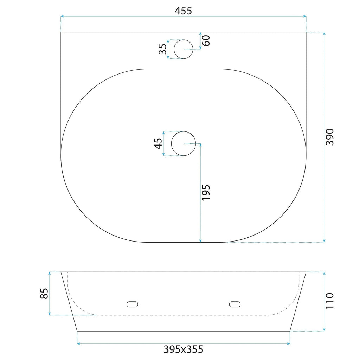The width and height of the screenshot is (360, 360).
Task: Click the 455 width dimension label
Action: coord(183,11)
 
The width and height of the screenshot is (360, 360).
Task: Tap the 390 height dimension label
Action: coord(329,137)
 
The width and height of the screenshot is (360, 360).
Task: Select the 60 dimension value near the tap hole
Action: coord(206,41)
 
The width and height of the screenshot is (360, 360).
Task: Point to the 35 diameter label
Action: coord(163,49)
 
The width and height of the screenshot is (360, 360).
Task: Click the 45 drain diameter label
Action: coord(158,143)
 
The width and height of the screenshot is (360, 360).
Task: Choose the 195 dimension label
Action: coord(206,192)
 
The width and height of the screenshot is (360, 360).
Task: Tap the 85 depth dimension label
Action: coord(44,294)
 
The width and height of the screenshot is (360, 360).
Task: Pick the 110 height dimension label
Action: coord(329,301)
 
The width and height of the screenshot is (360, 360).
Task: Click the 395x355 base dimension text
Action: coord(183,349)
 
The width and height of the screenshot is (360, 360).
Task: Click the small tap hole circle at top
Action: coord(184,39)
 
